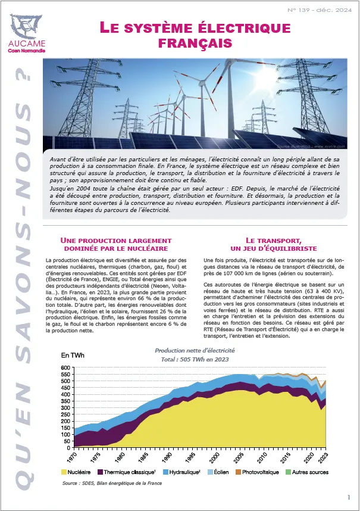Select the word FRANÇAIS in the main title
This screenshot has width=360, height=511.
194,43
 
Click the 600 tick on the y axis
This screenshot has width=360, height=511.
65,368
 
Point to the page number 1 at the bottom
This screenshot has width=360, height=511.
348,497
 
